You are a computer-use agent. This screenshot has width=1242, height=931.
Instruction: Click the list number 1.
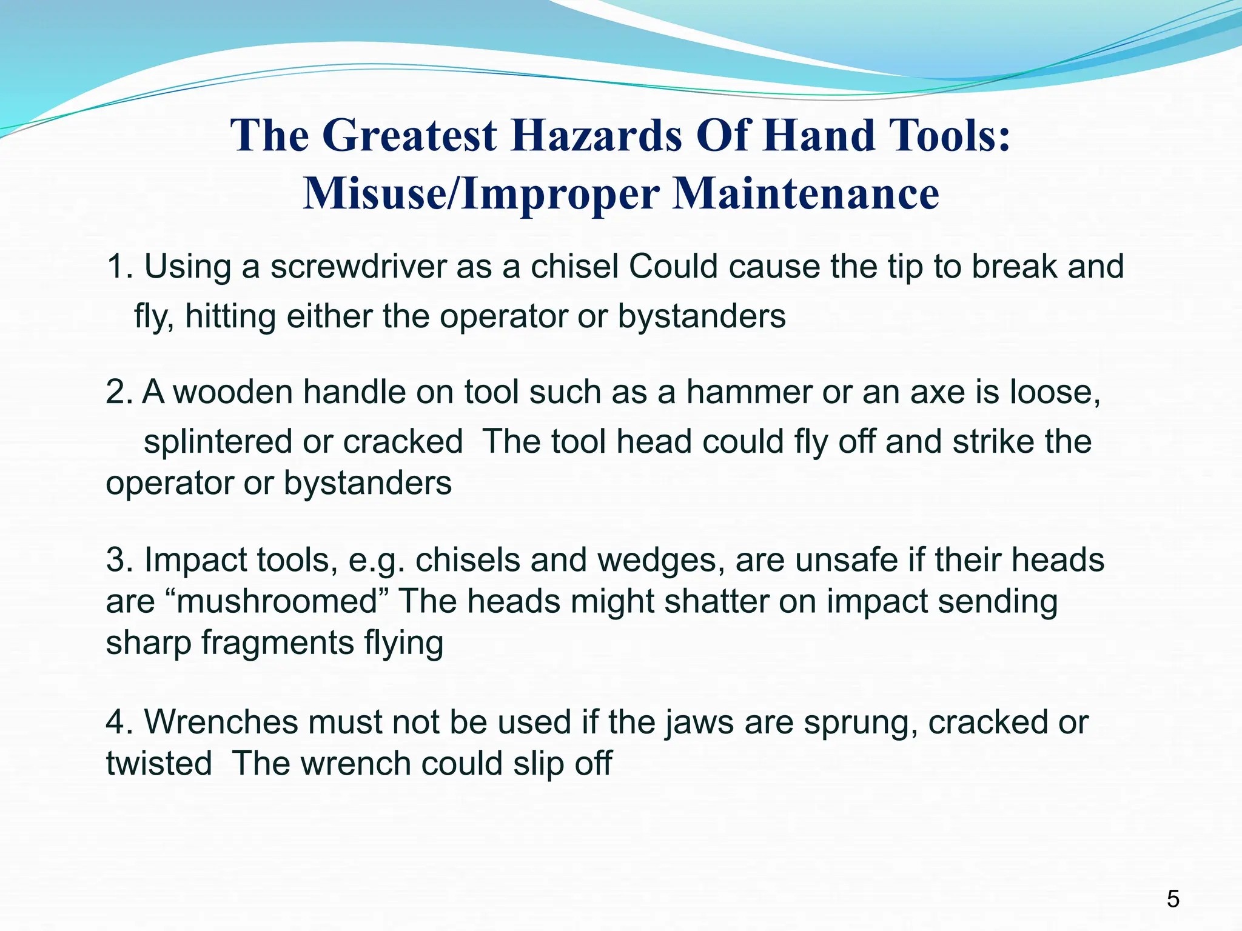[118, 267]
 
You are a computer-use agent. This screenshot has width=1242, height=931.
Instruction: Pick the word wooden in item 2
[233, 392]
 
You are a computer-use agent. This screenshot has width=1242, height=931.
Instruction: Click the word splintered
[217, 441]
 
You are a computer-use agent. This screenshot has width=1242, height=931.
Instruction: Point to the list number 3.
[118, 559]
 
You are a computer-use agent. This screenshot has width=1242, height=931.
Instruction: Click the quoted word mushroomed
[277, 601]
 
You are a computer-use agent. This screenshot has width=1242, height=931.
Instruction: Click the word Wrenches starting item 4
[221, 722]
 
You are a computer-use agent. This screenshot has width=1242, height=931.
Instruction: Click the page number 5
[1173, 899]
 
